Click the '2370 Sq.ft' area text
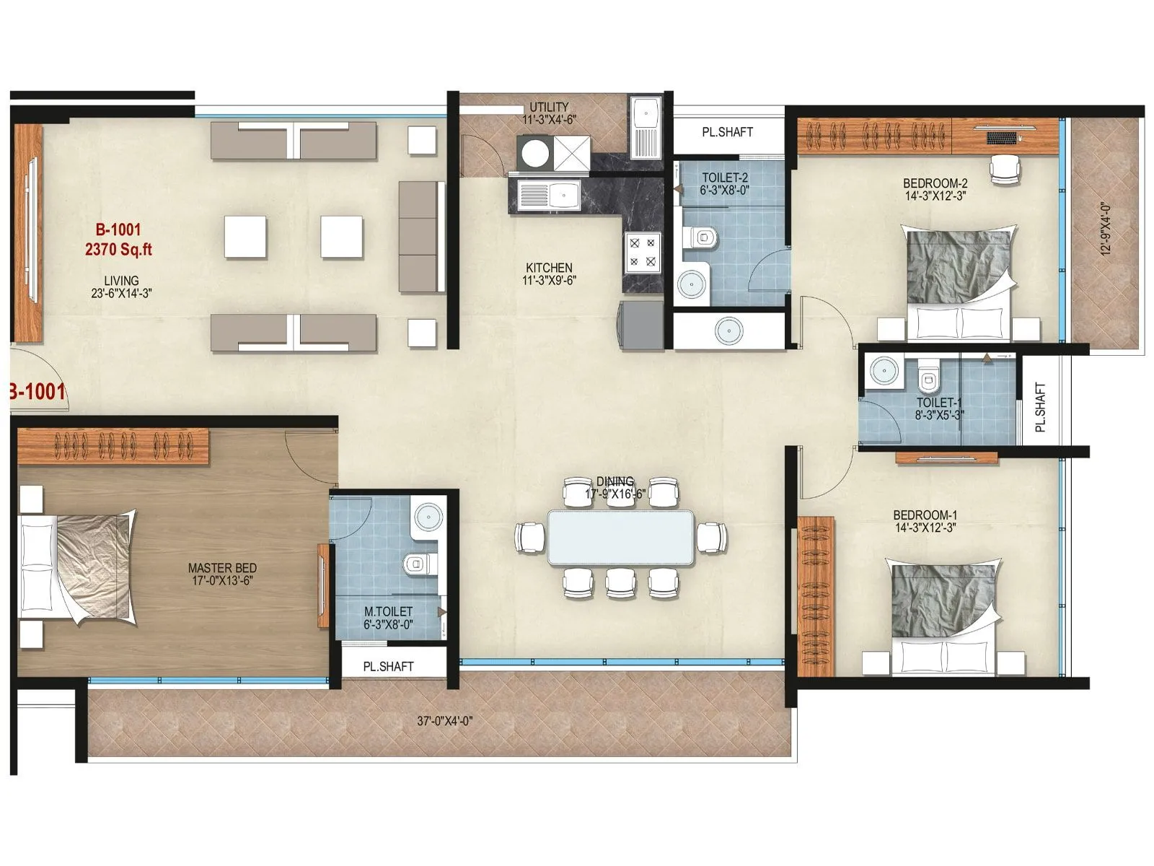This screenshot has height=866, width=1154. click(x=118, y=250)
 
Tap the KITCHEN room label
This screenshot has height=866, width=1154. click(x=549, y=268)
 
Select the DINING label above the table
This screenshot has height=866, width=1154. click(x=615, y=481)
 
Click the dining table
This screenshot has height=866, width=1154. click(x=620, y=538)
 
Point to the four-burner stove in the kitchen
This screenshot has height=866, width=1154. click(x=643, y=251)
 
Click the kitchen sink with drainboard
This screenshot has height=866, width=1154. click(x=549, y=195)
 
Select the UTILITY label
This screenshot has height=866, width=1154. click(x=549, y=107)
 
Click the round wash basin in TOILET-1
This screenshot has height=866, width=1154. click(x=884, y=372)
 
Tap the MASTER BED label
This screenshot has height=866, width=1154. click(x=222, y=568)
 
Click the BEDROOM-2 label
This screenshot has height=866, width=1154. click(x=935, y=183)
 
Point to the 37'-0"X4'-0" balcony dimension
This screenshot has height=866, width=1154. click(x=445, y=720)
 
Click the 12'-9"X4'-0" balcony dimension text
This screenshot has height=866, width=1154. click(x=1106, y=228)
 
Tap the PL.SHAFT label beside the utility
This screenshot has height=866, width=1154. click(x=727, y=132)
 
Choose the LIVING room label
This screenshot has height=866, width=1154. click(x=121, y=281)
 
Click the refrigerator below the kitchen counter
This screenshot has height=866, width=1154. click(x=640, y=325)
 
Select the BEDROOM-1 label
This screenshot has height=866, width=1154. click(x=925, y=515)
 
